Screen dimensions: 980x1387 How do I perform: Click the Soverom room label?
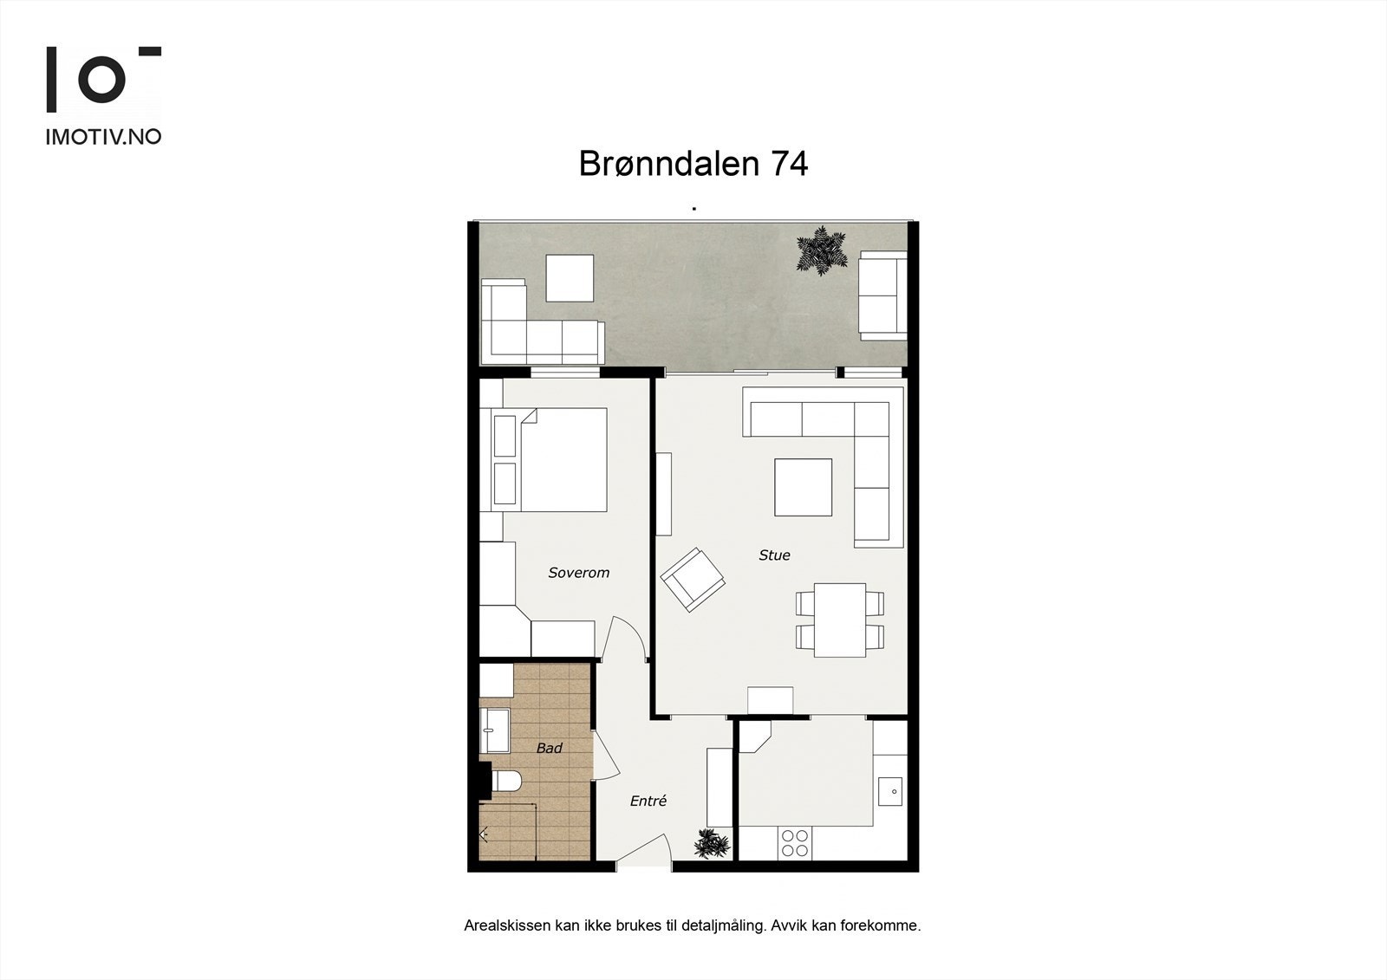coord(578,573)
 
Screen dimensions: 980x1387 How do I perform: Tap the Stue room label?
coord(774,555)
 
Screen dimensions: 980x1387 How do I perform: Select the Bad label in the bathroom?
coord(549,748)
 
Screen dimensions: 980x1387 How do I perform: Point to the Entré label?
coord(648,802)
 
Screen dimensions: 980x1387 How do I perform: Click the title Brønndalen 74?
coord(693,164)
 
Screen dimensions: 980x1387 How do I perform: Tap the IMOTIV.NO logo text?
coord(103,137)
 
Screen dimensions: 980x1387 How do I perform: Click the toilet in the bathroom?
coord(505,782)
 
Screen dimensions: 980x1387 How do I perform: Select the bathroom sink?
coord(495,730)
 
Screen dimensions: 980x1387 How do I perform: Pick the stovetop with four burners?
coord(794,843)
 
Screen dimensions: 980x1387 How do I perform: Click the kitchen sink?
coord(891,791)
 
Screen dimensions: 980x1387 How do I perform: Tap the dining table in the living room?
coord(840,620)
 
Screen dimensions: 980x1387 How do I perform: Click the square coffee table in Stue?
coord(803,487)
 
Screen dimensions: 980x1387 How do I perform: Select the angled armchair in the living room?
coord(693,580)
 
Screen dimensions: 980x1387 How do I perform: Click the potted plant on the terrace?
coord(820,250)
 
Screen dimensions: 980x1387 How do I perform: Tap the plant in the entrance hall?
coord(711,843)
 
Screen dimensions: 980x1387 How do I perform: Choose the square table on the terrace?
coord(570,278)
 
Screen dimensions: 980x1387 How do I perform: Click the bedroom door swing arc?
coord(625,637)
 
